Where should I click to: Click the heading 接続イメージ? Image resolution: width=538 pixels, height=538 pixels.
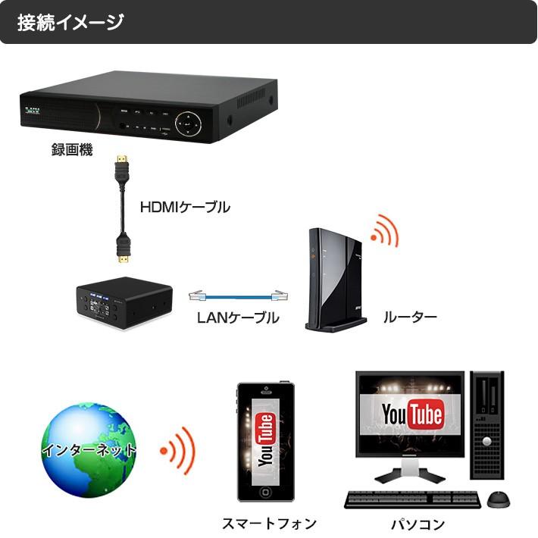pyautogui.click(x=70, y=22)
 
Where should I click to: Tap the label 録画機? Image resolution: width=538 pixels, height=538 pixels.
pyautogui.click(x=72, y=150)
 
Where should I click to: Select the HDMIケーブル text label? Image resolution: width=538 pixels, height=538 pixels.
pyautogui.click(x=185, y=206)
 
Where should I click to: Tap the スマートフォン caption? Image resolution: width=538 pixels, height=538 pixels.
pyautogui.click(x=269, y=524)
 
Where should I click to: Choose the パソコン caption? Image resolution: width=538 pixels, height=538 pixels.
pyautogui.click(x=418, y=524)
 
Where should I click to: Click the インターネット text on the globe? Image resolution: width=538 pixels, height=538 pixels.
pyautogui.click(x=89, y=450)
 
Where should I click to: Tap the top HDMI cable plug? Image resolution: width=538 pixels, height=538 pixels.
pyautogui.click(x=121, y=165)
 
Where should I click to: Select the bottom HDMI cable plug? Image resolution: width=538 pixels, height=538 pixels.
pyautogui.click(x=123, y=250)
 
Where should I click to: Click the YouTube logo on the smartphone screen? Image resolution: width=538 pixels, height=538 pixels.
pyautogui.click(x=265, y=440)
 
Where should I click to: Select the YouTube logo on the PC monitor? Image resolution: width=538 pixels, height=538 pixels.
pyautogui.click(x=412, y=415)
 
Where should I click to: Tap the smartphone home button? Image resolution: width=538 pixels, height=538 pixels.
pyautogui.click(x=265, y=492)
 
